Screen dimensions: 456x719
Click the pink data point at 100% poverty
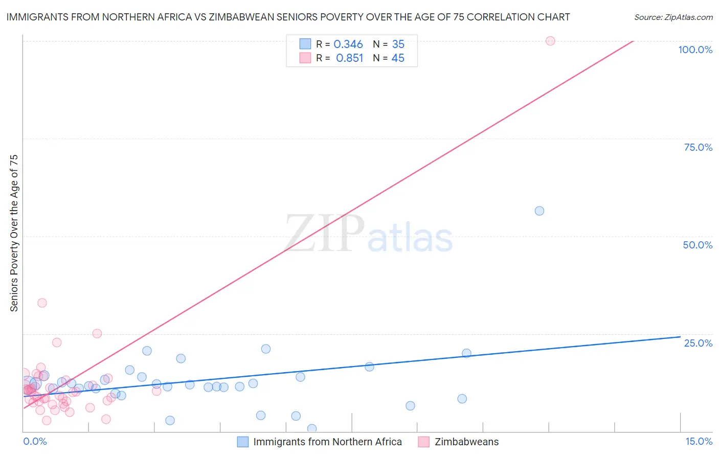[x=550, y=41]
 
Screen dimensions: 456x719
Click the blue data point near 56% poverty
[x=539, y=211]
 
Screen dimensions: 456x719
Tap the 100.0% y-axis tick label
[x=695, y=50]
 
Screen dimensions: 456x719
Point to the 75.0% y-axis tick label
[x=698, y=147]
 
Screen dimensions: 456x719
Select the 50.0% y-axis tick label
[x=698, y=245]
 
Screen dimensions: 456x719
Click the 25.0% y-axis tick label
[x=698, y=343]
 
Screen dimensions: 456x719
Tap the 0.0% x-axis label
[x=35, y=442]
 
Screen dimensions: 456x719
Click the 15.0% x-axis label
[x=699, y=442]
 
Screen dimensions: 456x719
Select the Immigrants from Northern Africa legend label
[x=327, y=442]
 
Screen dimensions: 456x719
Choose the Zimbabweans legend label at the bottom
[x=466, y=442]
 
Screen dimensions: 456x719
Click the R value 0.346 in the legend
[x=348, y=44]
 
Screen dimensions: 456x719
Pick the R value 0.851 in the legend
[x=349, y=58]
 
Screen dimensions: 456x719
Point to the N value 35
[x=398, y=44]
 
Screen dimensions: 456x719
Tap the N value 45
[x=398, y=58]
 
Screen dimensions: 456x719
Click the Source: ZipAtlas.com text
[x=673, y=17]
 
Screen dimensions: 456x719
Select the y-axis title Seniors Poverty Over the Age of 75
[x=14, y=233]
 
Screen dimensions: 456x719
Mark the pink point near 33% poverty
[x=42, y=303]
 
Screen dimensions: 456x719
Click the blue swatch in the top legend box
[x=305, y=44]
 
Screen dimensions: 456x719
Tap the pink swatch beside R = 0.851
[x=305, y=58]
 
